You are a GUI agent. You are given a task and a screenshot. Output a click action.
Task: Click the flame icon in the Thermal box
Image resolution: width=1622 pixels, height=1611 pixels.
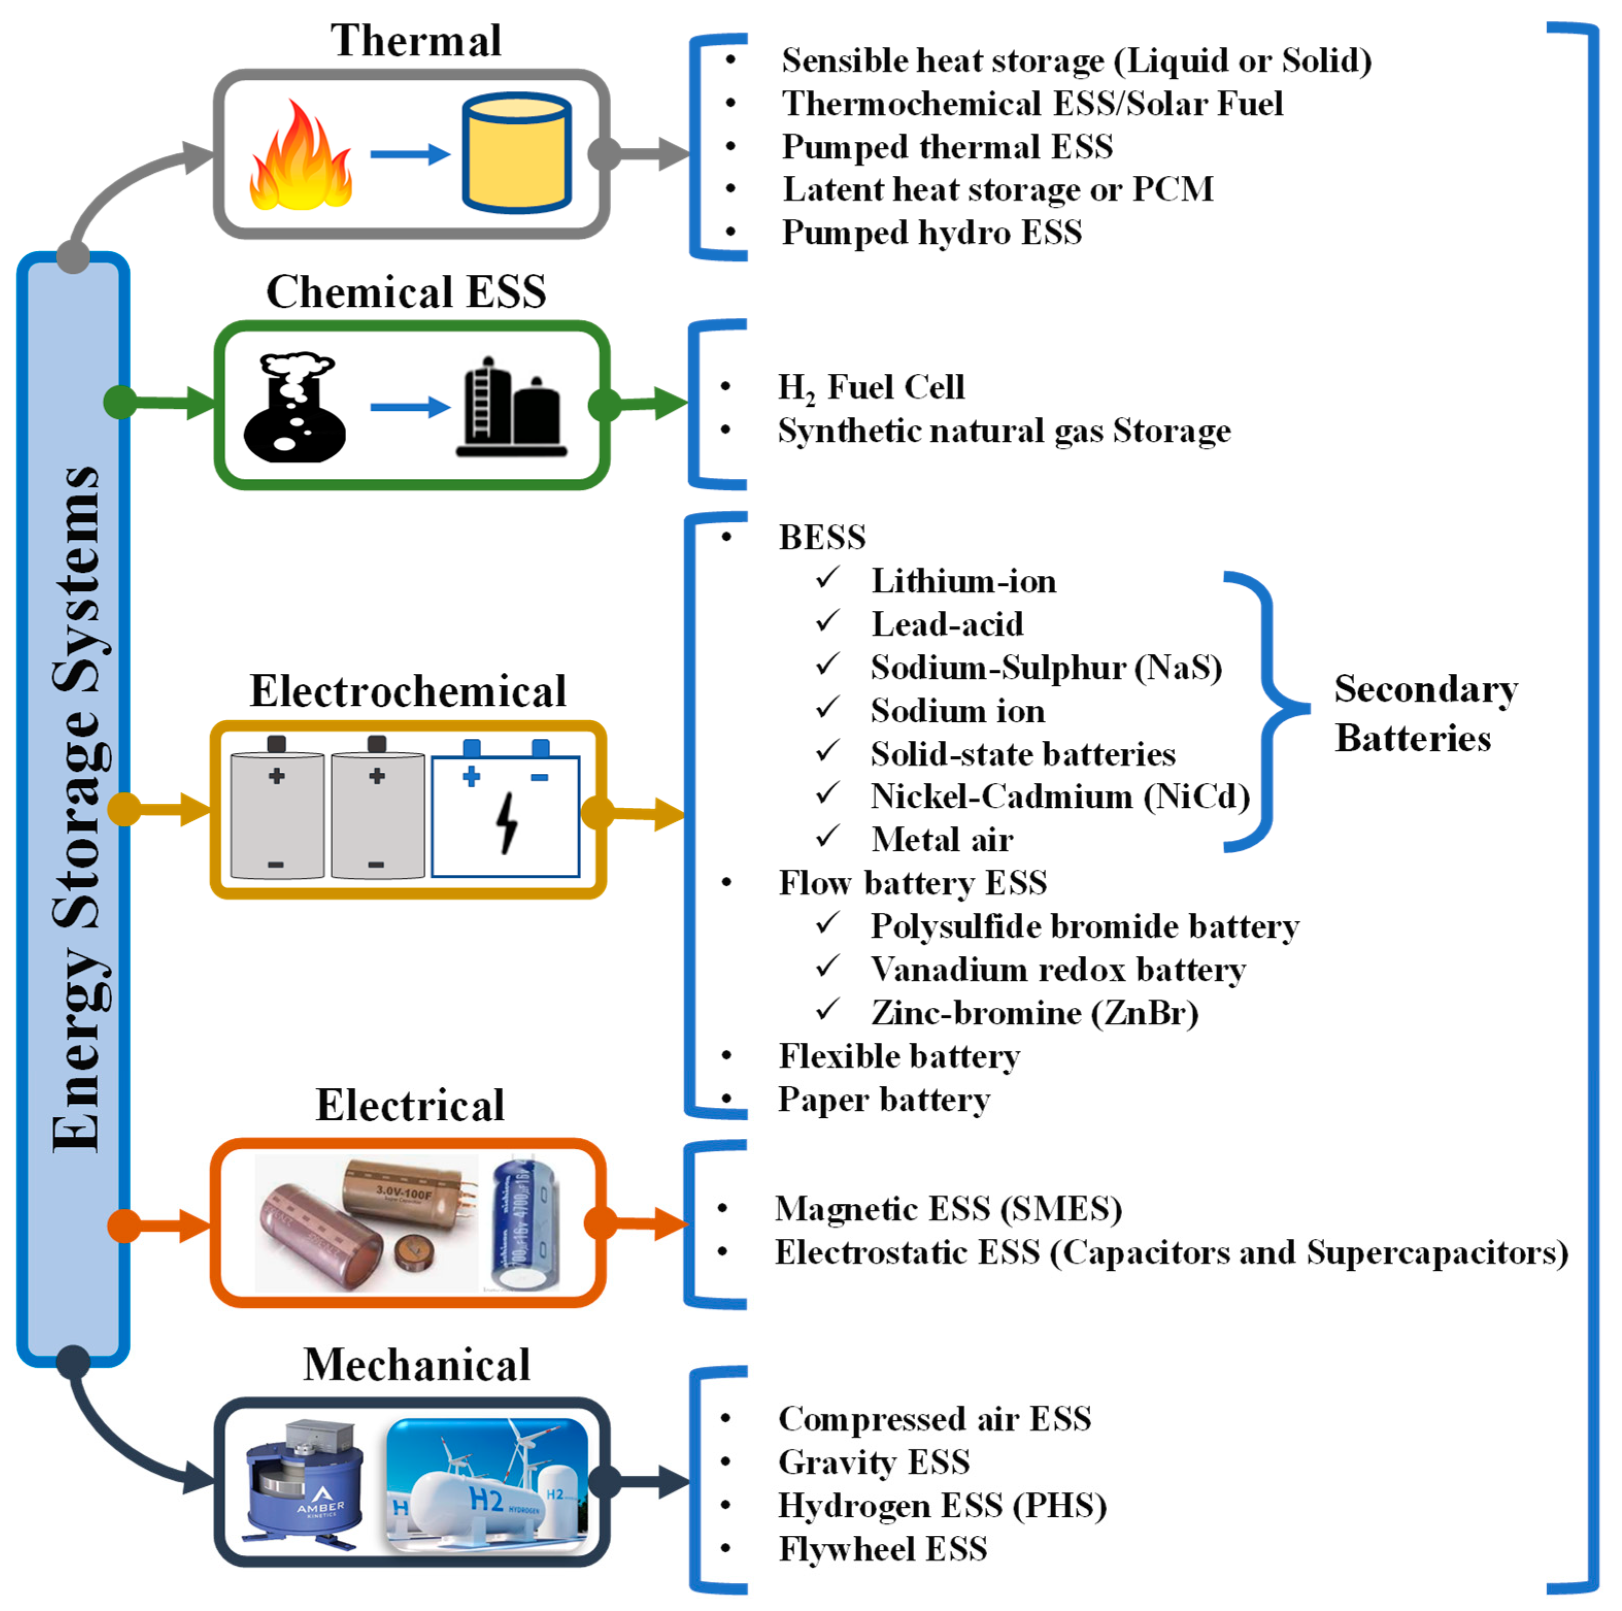(300, 157)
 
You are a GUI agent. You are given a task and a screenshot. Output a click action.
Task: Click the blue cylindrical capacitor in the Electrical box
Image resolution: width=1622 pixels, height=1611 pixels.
(525, 1222)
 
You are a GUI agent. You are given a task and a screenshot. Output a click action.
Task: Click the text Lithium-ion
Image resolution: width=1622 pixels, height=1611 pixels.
(963, 581)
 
